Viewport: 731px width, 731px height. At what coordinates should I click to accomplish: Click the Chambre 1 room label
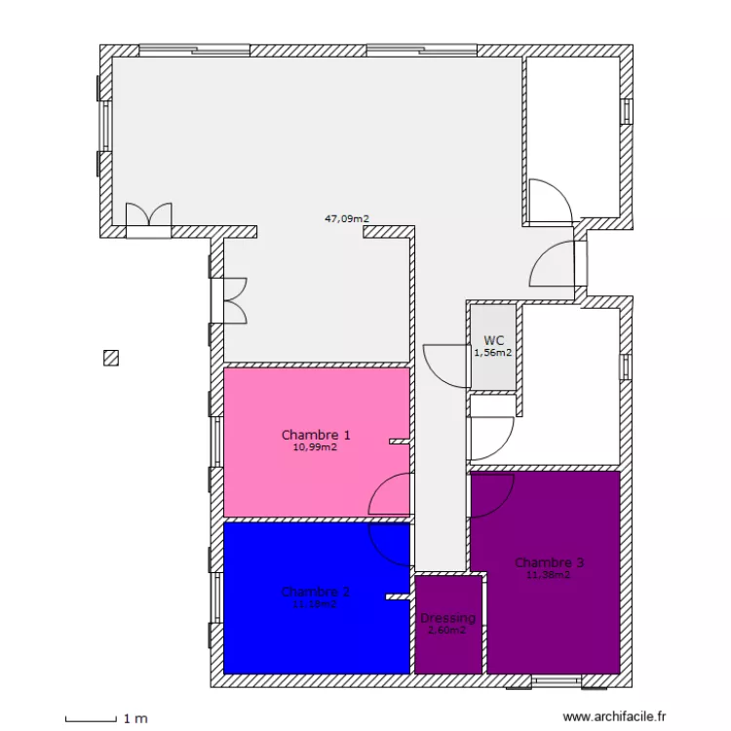(x=316, y=435)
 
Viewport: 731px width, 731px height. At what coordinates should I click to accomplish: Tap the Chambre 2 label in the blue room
(x=315, y=592)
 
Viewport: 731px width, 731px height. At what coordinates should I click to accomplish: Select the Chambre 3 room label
(x=550, y=562)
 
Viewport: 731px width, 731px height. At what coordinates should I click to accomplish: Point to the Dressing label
(x=448, y=618)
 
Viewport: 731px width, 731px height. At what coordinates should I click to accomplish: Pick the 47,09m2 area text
(x=347, y=219)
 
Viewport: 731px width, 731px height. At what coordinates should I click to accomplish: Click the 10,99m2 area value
(x=316, y=447)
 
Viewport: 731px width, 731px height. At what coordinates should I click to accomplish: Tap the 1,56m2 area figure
(x=493, y=353)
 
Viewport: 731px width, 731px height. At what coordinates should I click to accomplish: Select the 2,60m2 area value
(x=448, y=631)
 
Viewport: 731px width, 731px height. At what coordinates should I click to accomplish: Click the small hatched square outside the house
(x=111, y=358)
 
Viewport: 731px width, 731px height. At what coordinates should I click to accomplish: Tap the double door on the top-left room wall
(x=148, y=216)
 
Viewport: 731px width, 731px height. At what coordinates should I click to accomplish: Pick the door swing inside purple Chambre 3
(x=493, y=497)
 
